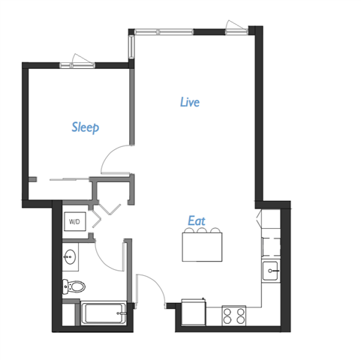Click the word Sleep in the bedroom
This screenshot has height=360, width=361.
pyautogui.click(x=85, y=127)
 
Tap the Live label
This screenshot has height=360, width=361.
pyautogui.click(x=190, y=102)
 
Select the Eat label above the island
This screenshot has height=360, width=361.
pyautogui.click(x=196, y=221)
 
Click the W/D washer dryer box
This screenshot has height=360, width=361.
pyautogui.click(x=75, y=222)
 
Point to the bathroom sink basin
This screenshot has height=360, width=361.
pyautogui.click(x=71, y=257)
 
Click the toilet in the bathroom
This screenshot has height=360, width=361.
pyautogui.click(x=74, y=286)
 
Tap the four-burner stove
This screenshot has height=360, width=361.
pyautogui.click(x=235, y=316)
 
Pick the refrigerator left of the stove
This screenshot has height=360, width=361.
pyautogui.click(x=194, y=311)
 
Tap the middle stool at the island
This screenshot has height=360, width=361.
pyautogui.click(x=203, y=232)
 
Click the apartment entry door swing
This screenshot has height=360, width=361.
pyautogui.click(x=152, y=289)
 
